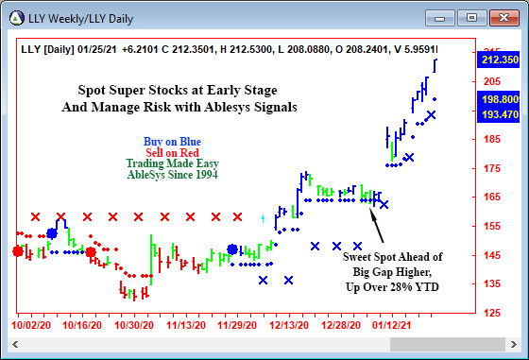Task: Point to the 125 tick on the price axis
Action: click(x=491, y=313)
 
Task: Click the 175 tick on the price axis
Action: click(x=491, y=168)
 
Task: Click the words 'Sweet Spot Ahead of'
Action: click(x=391, y=256)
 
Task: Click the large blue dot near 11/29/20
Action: click(x=232, y=249)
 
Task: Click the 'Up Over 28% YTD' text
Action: click(x=392, y=286)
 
